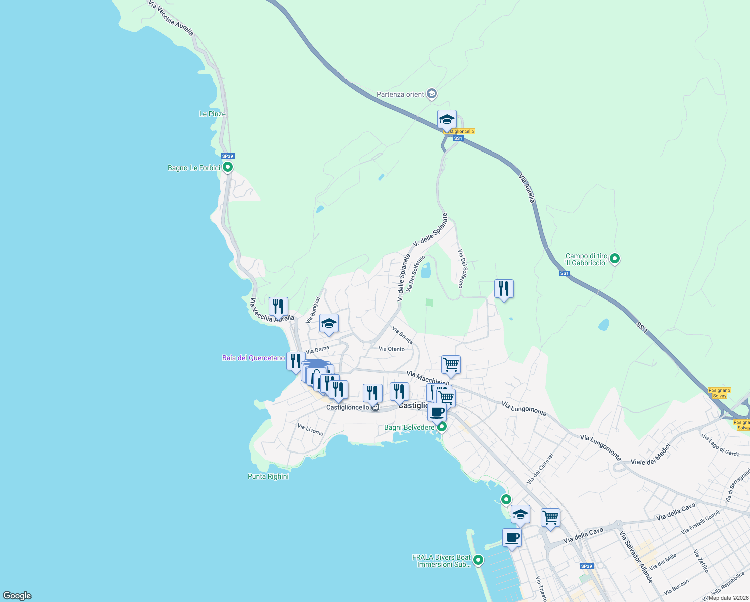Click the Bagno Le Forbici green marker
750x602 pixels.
[x=227, y=167]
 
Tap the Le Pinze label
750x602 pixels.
[x=212, y=114]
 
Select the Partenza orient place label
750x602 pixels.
[x=401, y=94]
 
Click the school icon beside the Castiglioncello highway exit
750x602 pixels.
[x=447, y=120]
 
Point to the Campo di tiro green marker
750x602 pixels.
[x=615, y=259]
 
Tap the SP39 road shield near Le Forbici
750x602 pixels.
[x=228, y=156]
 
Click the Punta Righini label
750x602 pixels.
[x=268, y=476]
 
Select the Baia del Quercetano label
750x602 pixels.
[x=253, y=358]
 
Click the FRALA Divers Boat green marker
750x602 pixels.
[x=478, y=560]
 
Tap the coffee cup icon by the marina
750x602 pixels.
[x=512, y=538]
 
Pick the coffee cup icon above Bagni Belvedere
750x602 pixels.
[x=437, y=412]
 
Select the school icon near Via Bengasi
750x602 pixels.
[x=329, y=324]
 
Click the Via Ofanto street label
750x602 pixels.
[x=392, y=349]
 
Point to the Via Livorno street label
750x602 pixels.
[x=310, y=430]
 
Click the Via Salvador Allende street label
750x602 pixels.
[x=636, y=557]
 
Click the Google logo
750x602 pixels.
[x=17, y=596]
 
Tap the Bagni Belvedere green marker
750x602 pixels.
[x=442, y=427]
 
